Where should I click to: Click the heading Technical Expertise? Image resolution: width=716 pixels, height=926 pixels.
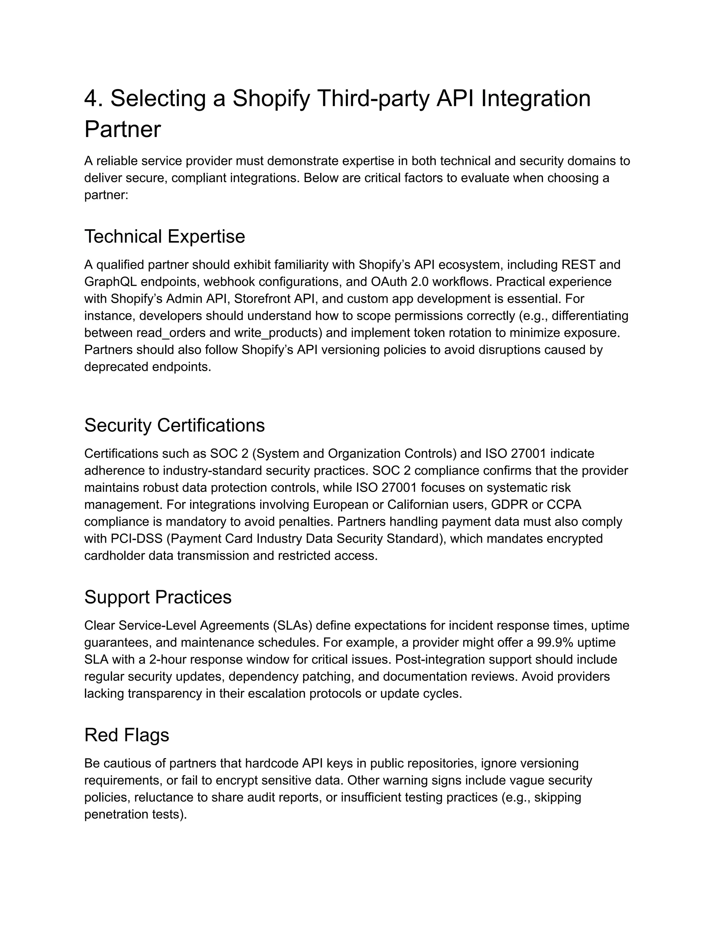pyautogui.click(x=165, y=237)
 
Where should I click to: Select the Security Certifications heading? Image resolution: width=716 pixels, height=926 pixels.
pyautogui.click(x=174, y=425)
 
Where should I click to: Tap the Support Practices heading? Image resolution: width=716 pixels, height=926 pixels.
pyautogui.click(x=158, y=597)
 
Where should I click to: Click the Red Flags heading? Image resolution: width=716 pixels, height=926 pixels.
pyautogui.click(x=127, y=735)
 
